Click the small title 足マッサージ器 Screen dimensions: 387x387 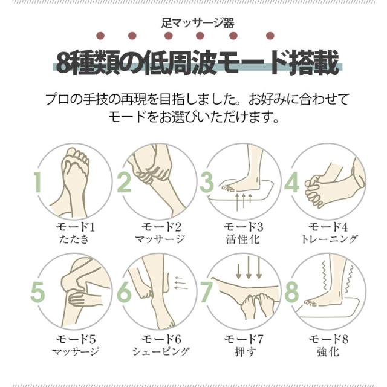(x=198, y=23)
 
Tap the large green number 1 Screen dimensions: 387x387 (x=37, y=182)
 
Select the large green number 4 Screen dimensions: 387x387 (x=291, y=182)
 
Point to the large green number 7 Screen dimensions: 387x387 (x=207, y=292)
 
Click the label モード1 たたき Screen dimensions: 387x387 (x=75, y=232)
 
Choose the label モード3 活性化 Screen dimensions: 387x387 (x=243, y=232)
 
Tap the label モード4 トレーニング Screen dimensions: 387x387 (x=329, y=232)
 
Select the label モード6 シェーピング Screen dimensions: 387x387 (x=161, y=345)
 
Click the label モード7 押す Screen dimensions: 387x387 (x=244, y=345)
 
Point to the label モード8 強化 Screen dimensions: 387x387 (x=328, y=345)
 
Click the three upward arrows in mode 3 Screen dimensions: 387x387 (x=244, y=203)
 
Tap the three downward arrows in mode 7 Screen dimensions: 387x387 (x=249, y=268)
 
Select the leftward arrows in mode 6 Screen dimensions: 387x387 (x=181, y=282)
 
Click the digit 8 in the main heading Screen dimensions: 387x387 (x=63, y=63)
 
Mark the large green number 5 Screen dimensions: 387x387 (x=37, y=292)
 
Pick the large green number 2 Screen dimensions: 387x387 (x=124, y=182)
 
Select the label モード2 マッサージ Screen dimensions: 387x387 (x=160, y=232)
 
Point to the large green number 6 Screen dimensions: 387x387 (x=124, y=292)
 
